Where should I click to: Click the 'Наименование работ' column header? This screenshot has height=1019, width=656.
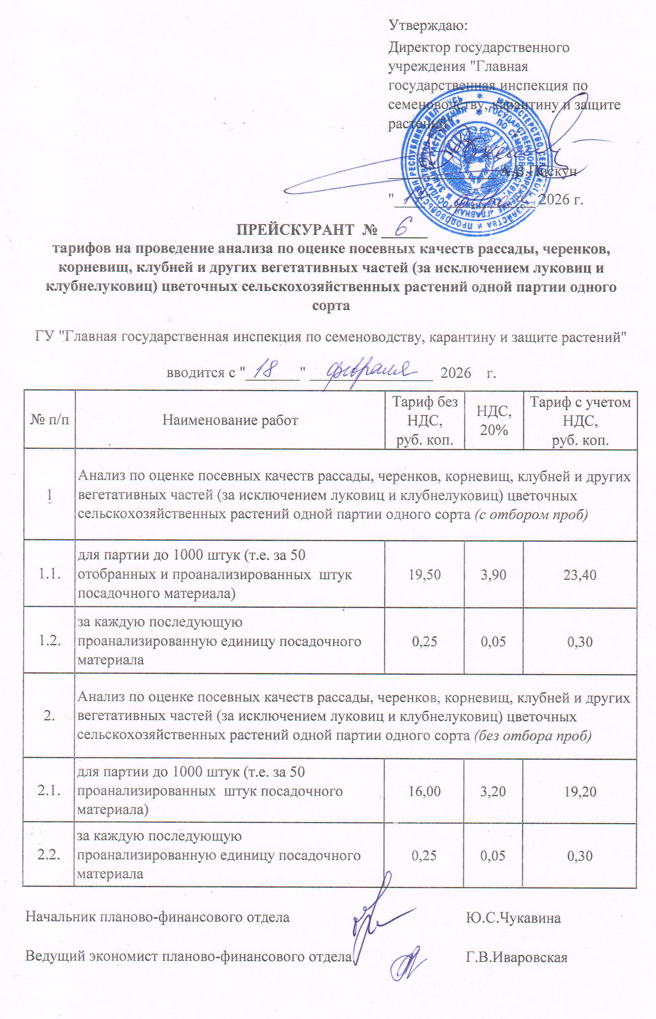pos(230,420)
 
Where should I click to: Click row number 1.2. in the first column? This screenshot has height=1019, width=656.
pos(49,641)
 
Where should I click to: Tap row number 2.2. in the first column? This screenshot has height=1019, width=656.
pos(49,855)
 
